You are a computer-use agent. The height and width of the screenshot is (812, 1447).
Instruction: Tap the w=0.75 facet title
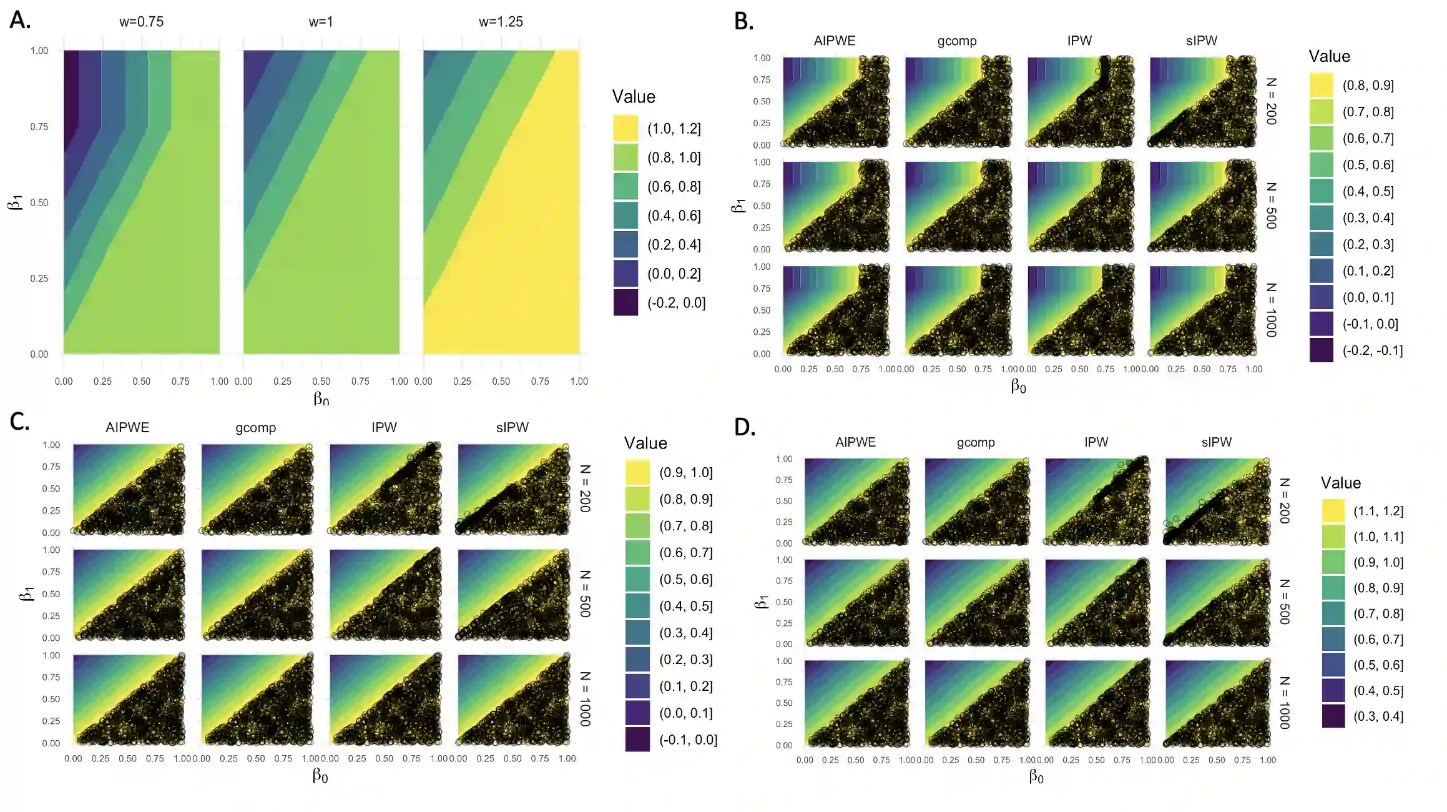(141, 22)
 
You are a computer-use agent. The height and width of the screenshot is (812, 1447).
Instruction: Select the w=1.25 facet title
(501, 22)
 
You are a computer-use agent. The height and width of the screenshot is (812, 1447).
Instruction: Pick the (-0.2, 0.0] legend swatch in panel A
(625, 303)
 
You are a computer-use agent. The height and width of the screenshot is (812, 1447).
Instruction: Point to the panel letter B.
(743, 21)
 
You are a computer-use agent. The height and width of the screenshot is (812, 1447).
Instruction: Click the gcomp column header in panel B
(956, 41)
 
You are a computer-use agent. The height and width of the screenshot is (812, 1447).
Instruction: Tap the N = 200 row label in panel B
(1271, 101)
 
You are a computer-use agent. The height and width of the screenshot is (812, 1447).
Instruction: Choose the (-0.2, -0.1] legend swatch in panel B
(1322, 350)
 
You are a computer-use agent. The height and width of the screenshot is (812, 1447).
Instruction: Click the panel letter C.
(20, 422)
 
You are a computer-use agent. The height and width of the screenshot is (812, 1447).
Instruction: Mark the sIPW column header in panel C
(512, 428)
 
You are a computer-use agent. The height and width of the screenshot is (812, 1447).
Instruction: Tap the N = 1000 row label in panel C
(585, 699)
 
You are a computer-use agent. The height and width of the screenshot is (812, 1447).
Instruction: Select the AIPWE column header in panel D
(855, 442)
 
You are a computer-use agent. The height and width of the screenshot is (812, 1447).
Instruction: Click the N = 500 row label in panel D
(1284, 602)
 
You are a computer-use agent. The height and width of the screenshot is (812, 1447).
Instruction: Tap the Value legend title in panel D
(1340, 483)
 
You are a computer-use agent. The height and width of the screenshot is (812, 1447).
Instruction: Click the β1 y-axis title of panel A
(16, 202)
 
